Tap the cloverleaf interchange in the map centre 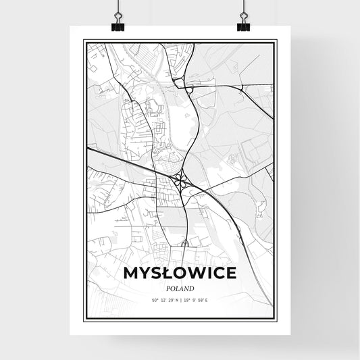tap(180, 180)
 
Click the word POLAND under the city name tap(180, 288)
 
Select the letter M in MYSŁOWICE tap(131, 274)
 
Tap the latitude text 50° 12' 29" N tap(161, 299)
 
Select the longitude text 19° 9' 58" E tap(199, 299)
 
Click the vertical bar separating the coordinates tap(180, 299)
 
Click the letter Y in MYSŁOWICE tap(144, 274)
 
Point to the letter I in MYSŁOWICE tap(209, 274)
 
